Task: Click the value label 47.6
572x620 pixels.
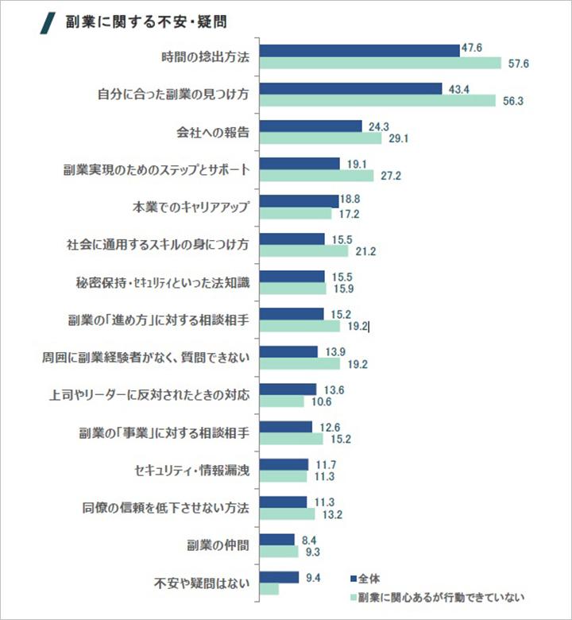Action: [473, 49]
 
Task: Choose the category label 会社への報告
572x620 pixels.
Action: [213, 132]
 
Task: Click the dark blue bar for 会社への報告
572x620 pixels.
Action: [311, 126]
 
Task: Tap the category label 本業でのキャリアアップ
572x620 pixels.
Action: [191, 207]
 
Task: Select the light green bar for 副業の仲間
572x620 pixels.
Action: [278, 551]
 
